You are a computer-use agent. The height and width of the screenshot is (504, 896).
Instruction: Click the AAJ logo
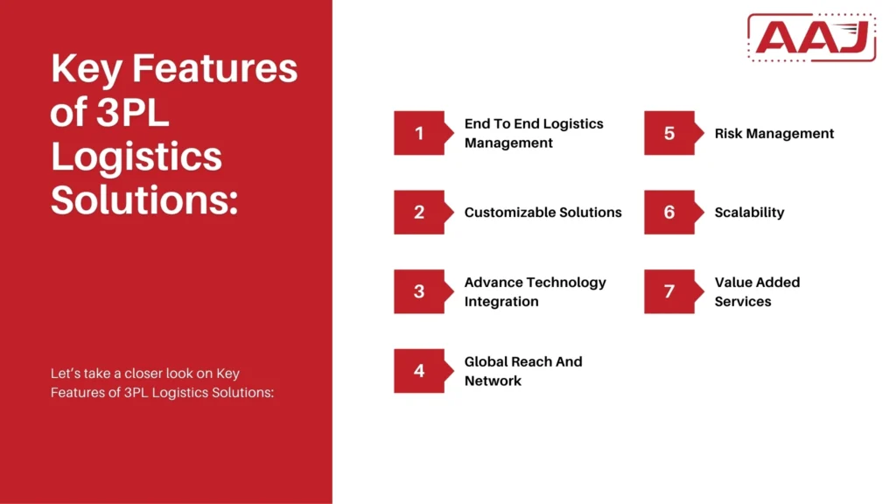[x=811, y=38]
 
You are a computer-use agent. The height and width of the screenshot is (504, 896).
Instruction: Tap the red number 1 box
[x=419, y=133]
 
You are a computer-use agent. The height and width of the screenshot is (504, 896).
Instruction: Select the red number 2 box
[x=419, y=212]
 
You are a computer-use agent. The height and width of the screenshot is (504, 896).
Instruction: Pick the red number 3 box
[x=419, y=291]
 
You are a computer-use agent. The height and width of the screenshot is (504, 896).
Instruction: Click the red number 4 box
[x=419, y=371]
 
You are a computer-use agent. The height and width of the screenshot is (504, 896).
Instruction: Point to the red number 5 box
[x=669, y=133]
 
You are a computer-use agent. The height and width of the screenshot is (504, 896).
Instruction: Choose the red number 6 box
[x=669, y=212]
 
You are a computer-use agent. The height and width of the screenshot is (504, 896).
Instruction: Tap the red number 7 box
[x=669, y=291]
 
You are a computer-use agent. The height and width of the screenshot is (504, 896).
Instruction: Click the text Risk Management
[x=774, y=133]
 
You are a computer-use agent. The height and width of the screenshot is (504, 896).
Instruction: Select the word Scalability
[x=749, y=212]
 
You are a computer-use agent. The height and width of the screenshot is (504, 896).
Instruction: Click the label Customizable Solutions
[x=542, y=212]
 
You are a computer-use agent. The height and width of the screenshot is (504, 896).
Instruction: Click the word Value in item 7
[x=734, y=282]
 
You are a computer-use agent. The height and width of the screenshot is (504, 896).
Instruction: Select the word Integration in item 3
[x=501, y=301]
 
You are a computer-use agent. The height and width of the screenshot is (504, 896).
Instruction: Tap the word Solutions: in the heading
[x=144, y=200]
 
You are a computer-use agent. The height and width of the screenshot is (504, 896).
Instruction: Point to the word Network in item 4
[x=493, y=381]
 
